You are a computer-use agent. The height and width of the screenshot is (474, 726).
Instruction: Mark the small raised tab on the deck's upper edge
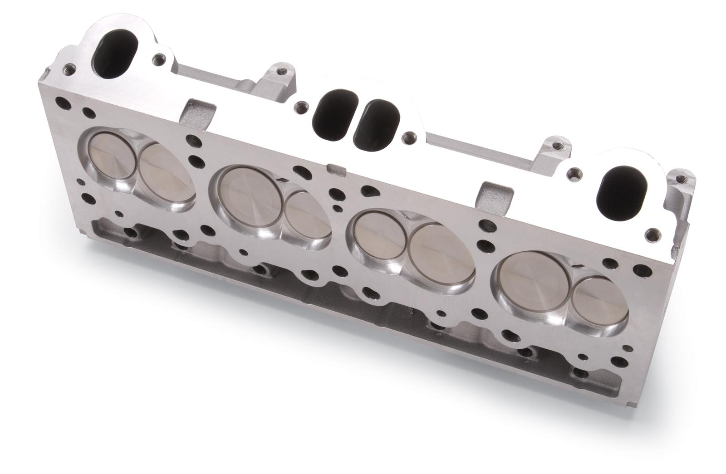(335, 170)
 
